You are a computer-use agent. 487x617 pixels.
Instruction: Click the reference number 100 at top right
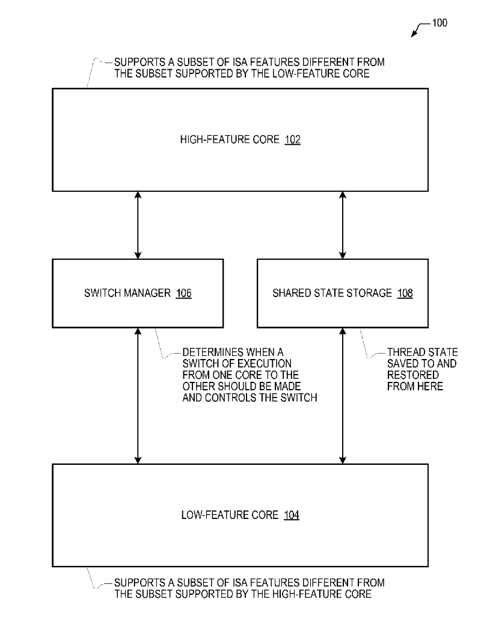(440, 23)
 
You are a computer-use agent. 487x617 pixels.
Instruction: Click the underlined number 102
(292, 140)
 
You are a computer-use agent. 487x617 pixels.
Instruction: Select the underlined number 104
(291, 515)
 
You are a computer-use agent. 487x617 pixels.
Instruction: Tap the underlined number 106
(183, 293)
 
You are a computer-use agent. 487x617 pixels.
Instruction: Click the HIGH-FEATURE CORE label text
(230, 140)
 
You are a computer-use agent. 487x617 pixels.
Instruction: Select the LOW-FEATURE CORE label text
(230, 515)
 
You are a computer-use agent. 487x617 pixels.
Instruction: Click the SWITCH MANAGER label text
(127, 293)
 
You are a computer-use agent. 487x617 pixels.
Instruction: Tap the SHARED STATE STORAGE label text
(332, 293)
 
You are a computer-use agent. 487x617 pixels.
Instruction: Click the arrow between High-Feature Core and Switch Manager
(138, 225)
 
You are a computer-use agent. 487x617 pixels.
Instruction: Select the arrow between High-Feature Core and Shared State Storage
(343, 225)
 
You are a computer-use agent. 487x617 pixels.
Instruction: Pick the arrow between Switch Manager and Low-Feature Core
(138, 395)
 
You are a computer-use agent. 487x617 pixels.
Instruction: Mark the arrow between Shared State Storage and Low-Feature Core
(343, 395)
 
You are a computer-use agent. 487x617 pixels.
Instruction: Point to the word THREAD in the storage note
(405, 352)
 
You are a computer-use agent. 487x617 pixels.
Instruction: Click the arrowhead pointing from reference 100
(414, 35)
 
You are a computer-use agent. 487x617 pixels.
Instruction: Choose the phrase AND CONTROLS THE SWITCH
(250, 398)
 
